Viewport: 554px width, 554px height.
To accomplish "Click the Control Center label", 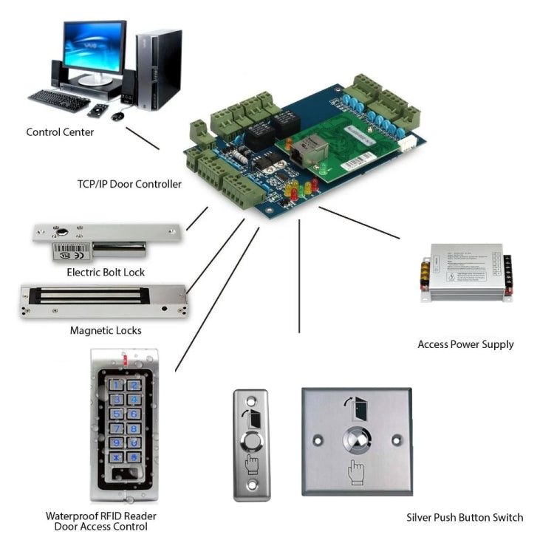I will click(x=60, y=132).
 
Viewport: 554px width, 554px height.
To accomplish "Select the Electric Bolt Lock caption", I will click(x=106, y=273).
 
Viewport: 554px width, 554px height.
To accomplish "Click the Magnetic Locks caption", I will click(x=106, y=330).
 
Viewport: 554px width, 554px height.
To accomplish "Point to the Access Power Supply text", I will click(x=465, y=344).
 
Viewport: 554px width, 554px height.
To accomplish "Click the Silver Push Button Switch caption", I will click(x=465, y=517).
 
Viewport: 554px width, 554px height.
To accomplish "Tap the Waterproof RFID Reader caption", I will click(x=100, y=516).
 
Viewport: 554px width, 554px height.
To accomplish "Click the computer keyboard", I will click(x=59, y=100).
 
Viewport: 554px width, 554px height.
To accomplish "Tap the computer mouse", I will click(x=117, y=116).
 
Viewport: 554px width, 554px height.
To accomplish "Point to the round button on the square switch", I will click(x=357, y=442).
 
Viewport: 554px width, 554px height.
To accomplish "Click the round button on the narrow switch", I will click(x=252, y=443).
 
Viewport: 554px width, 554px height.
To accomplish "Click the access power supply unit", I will click(x=465, y=270).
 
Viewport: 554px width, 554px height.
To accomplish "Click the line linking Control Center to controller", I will click(x=142, y=138).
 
